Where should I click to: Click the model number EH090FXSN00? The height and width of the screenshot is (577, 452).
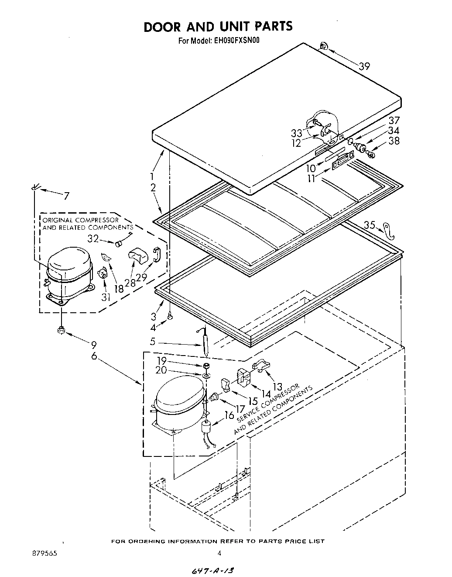(x=237, y=41)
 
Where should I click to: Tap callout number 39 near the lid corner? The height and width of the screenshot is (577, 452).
(x=364, y=66)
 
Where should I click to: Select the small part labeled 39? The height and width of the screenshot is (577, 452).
(x=324, y=45)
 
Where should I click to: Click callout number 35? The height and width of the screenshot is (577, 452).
(x=369, y=225)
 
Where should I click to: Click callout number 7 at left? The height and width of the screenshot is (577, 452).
(x=66, y=196)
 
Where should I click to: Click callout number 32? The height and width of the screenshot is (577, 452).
(x=93, y=238)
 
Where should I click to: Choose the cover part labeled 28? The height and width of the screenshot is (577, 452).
(x=138, y=256)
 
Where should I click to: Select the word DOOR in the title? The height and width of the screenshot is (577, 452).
(x=162, y=27)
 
